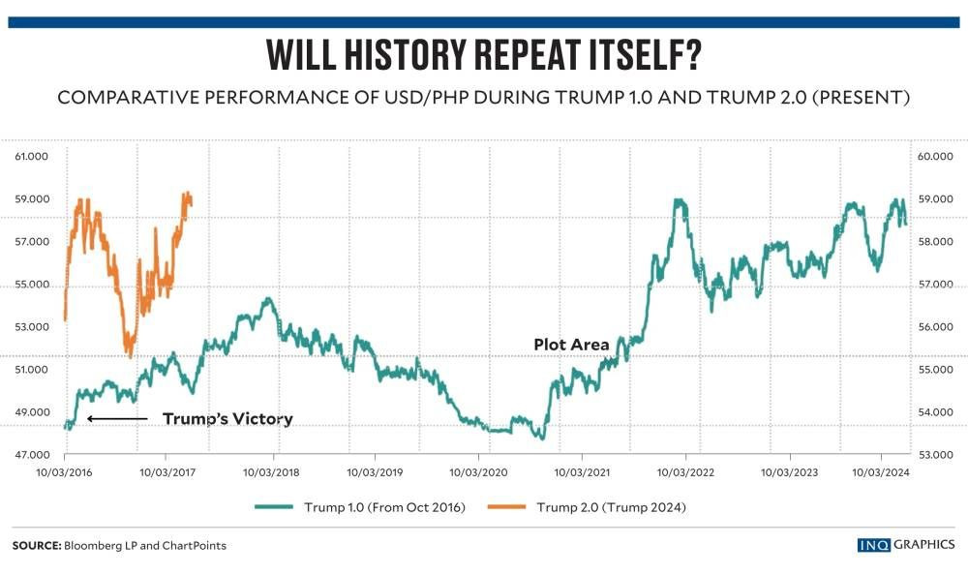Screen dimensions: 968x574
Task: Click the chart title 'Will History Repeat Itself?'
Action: (x=484, y=54)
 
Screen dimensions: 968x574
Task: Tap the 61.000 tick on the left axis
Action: (x=32, y=157)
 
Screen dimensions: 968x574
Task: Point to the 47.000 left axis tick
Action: (x=32, y=455)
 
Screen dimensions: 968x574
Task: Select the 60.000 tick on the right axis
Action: (x=935, y=157)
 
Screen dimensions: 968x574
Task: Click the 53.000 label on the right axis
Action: (x=935, y=455)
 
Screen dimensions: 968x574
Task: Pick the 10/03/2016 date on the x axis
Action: (x=64, y=472)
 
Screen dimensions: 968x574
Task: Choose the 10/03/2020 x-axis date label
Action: (x=478, y=472)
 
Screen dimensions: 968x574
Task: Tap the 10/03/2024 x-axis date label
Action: (x=881, y=472)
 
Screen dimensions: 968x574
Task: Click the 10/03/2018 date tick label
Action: (x=271, y=472)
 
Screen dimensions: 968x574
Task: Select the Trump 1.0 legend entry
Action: (x=360, y=507)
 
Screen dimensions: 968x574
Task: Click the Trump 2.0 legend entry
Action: (x=588, y=507)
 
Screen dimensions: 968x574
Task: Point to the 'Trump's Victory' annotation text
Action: (x=227, y=419)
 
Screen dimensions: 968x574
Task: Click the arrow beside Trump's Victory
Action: (x=117, y=419)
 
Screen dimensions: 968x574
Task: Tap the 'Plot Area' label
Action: (x=572, y=345)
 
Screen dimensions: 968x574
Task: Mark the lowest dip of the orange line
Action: (x=130, y=355)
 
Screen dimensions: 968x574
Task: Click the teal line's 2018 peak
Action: (x=268, y=299)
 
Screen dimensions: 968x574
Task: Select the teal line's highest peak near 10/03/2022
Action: (x=680, y=200)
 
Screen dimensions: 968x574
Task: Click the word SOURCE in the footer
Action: (x=37, y=546)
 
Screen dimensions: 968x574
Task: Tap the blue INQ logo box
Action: (x=873, y=545)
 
